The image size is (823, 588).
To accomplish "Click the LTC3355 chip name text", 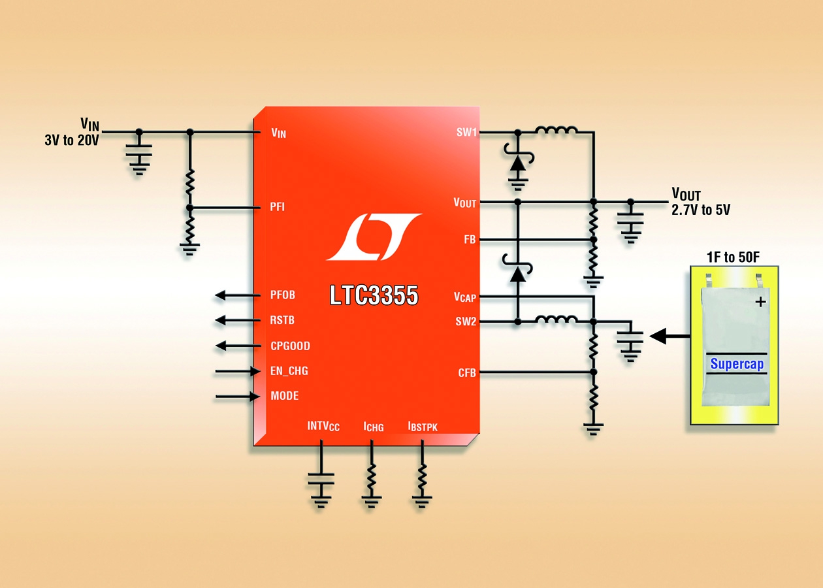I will click(x=374, y=296).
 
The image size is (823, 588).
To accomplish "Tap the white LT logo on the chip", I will click(x=373, y=236).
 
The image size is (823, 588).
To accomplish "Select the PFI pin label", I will click(x=278, y=207).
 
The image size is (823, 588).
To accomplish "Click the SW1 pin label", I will click(x=466, y=133).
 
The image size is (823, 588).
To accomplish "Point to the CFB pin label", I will click(x=466, y=373).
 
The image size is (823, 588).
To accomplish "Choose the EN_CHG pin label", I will click(x=289, y=371).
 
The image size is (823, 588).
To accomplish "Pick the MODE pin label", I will click(x=285, y=396).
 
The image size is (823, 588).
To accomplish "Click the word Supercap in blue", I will click(x=737, y=364).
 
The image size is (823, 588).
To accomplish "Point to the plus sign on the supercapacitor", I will click(x=760, y=302).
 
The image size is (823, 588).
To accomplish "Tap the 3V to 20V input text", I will click(x=71, y=140).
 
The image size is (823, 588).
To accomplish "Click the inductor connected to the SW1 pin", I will click(x=556, y=131).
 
